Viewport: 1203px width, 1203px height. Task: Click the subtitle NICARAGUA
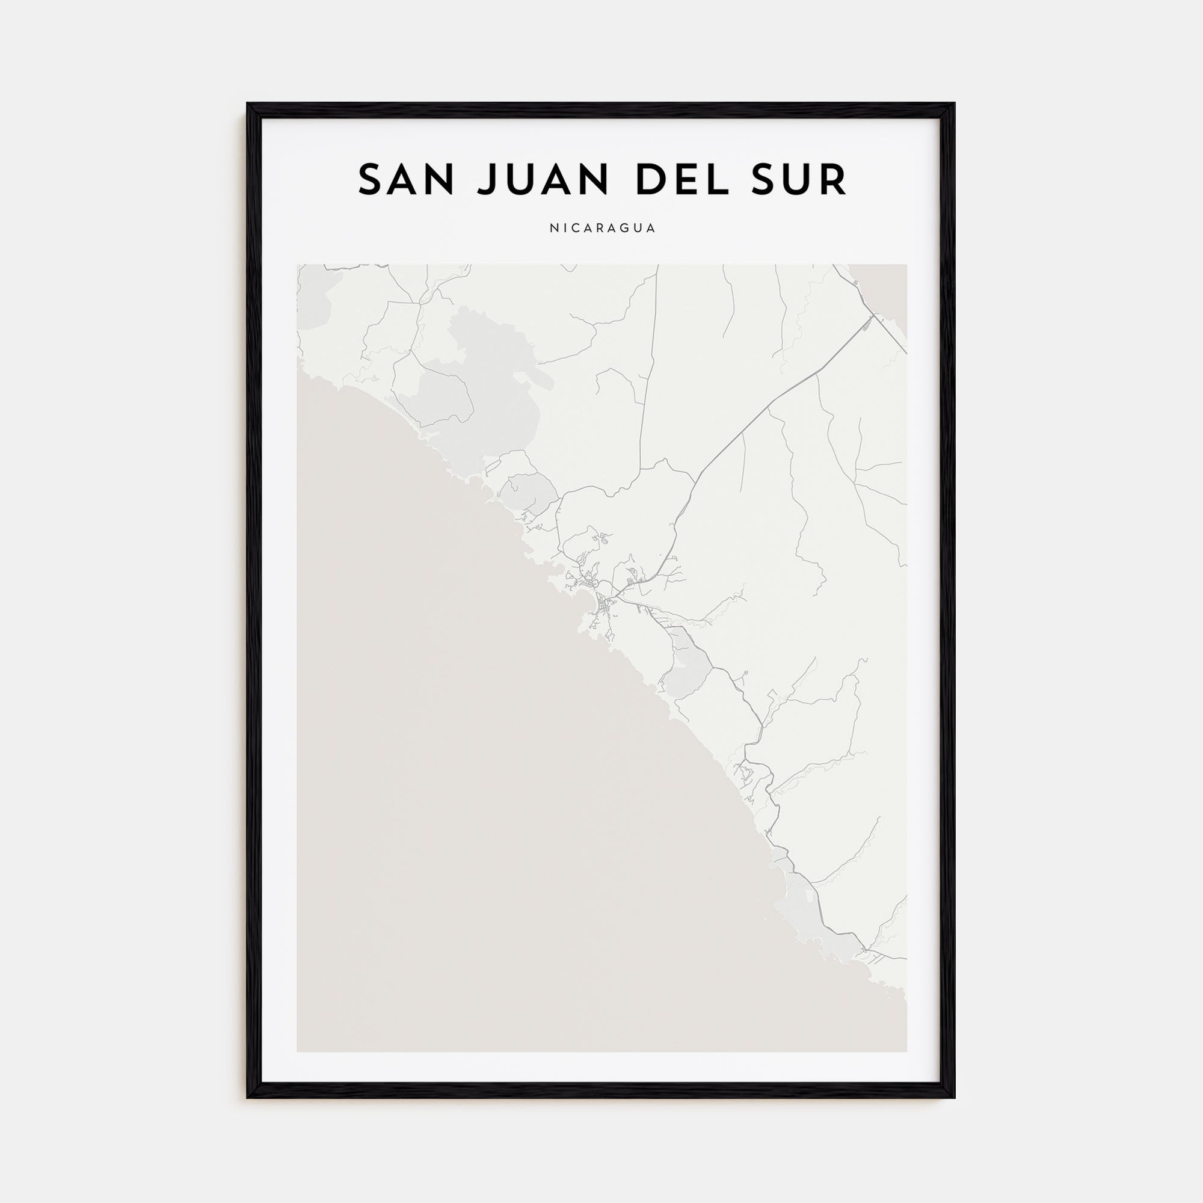pyautogui.click(x=602, y=229)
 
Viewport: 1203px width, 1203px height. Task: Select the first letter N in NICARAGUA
pyautogui.click(x=553, y=229)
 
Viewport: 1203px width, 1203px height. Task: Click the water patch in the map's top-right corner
pyautogui.click(x=884, y=293)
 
